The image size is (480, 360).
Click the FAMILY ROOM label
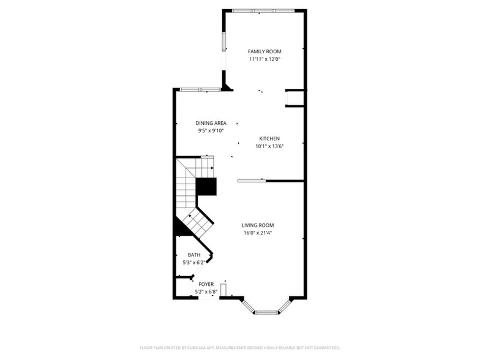(264, 51)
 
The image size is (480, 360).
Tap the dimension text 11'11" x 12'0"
(264, 59)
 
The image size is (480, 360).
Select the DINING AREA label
(211, 123)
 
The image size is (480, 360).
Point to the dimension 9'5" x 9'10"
(211, 130)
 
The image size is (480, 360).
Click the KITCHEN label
(269, 138)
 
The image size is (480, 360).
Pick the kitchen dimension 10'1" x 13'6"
(269, 146)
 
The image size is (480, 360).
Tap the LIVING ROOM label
(257, 225)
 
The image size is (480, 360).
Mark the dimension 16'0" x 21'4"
(257, 233)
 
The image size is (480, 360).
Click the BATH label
(194, 255)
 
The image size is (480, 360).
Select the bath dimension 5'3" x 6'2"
(194, 262)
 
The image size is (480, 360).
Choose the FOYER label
(206, 284)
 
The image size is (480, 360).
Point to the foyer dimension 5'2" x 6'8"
(206, 292)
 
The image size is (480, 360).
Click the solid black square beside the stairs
(206, 186)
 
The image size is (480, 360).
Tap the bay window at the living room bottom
(266, 312)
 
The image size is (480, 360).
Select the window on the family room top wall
(263, 10)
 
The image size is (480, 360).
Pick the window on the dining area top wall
(200, 90)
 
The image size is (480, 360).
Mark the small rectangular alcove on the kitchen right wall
(294, 98)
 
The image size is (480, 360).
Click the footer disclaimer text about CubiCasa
(240, 347)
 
